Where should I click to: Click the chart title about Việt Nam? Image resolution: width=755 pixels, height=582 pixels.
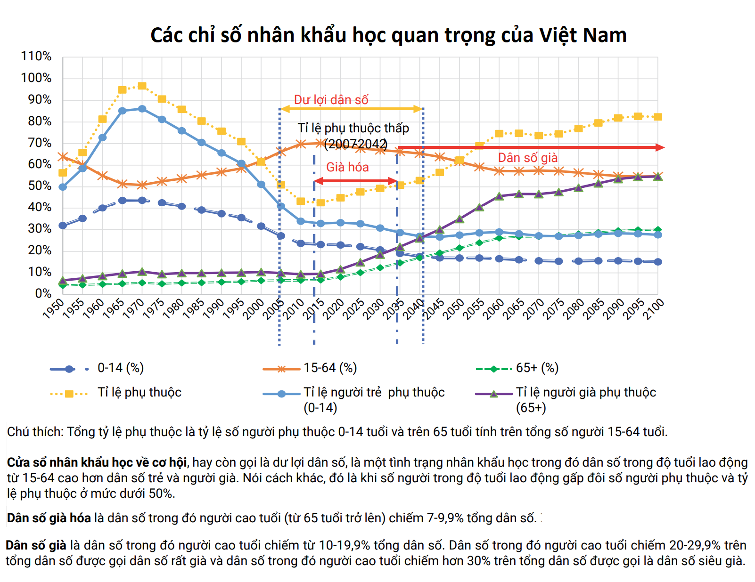[388, 35]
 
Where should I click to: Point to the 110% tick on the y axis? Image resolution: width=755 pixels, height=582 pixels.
[36, 57]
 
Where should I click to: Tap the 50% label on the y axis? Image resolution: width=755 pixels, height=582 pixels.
[39, 186]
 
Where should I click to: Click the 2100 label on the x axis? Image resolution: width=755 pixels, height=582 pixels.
[654, 309]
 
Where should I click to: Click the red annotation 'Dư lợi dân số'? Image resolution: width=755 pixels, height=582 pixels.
[331, 100]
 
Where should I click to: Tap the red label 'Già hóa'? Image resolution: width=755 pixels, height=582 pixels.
[347, 167]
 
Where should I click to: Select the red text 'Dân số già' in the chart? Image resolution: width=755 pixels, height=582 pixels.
[528, 158]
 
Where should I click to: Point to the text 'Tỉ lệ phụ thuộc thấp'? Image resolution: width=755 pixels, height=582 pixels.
[353, 128]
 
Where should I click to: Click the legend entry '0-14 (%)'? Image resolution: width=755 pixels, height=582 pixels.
[120, 368]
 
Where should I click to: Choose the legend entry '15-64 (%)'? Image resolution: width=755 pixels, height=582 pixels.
[330, 368]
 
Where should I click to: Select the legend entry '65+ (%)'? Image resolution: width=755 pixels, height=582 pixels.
[537, 368]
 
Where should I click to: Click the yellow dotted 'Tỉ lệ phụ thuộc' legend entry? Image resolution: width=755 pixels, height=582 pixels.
[139, 392]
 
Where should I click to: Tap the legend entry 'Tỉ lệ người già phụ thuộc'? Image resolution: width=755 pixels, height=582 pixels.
[586, 392]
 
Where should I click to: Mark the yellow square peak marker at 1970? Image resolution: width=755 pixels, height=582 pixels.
[142, 86]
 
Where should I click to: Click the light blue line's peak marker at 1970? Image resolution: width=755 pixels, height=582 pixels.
[142, 109]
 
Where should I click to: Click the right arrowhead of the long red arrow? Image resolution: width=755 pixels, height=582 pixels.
[661, 147]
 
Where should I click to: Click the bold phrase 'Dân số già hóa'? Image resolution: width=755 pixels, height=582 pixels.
[49, 518]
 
